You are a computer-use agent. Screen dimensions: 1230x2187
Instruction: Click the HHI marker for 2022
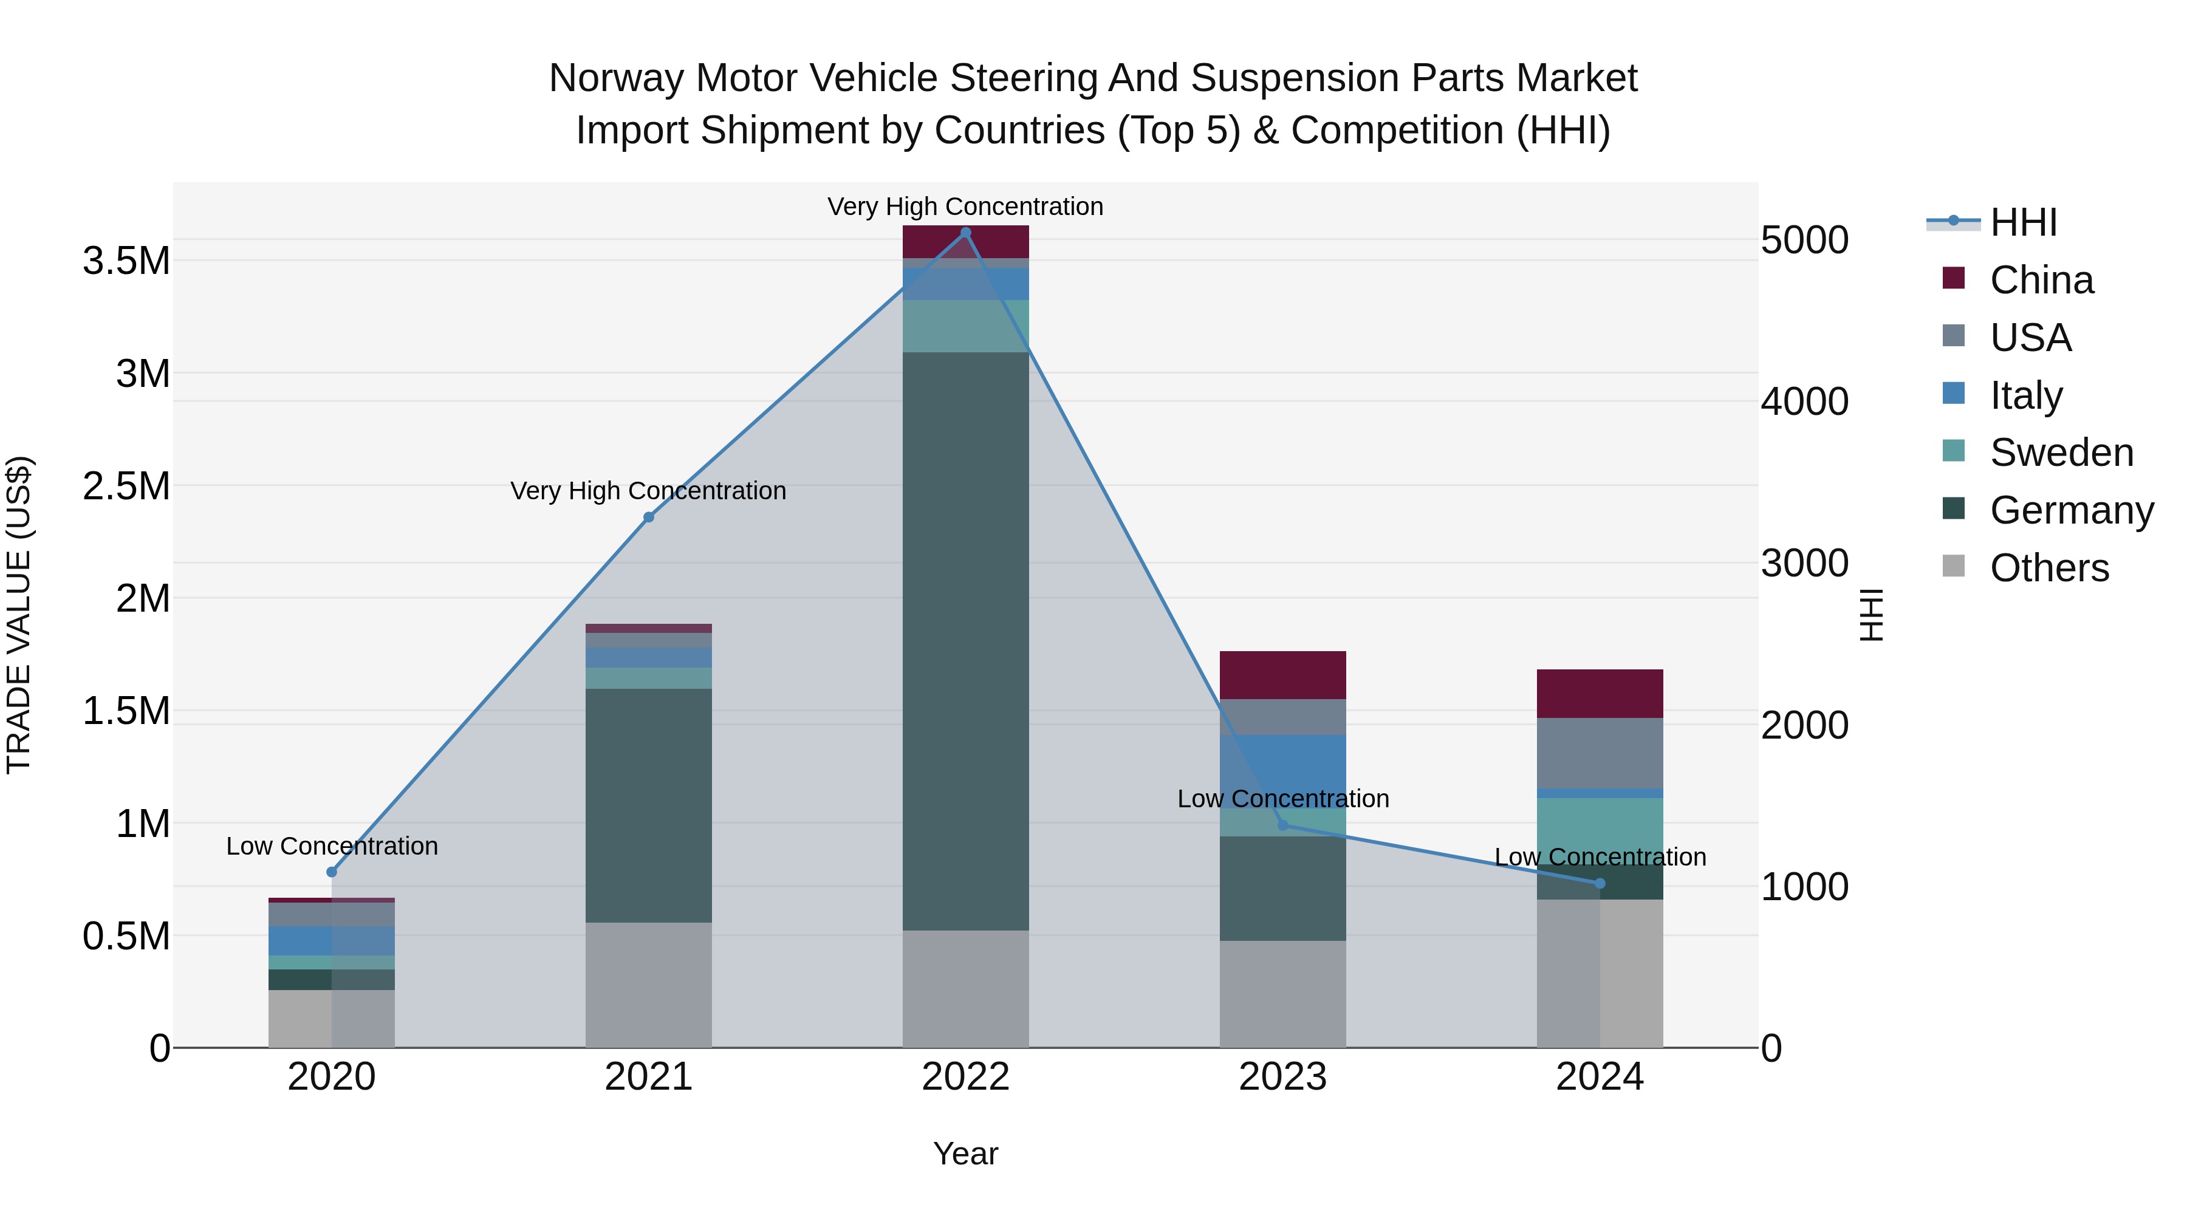coord(965,233)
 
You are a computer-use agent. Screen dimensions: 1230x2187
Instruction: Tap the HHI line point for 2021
coord(649,517)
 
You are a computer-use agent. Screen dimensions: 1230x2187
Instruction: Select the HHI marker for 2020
coord(332,872)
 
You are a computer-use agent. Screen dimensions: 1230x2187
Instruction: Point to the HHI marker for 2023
coord(1283,825)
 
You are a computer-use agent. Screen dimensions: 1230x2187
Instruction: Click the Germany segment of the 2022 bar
coord(965,641)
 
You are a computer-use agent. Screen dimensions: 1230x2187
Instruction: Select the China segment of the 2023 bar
coord(1283,675)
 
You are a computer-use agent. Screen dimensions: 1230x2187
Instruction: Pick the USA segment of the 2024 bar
coord(1600,753)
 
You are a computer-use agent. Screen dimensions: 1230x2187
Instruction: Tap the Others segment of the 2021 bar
coord(649,985)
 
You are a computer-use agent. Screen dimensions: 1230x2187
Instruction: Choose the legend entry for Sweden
coord(2061,453)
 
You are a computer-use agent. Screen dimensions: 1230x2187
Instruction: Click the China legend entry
coord(2041,280)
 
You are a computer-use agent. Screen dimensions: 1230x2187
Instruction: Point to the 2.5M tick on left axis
coord(126,487)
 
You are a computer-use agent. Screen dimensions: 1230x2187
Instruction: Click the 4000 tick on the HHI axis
coord(1804,401)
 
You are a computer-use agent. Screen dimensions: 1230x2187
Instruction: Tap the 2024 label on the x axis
coord(1600,1077)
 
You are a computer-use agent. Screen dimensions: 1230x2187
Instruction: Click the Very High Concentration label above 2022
coord(965,207)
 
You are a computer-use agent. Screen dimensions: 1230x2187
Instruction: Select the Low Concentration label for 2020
coord(332,846)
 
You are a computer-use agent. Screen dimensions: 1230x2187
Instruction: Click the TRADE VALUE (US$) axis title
coord(19,615)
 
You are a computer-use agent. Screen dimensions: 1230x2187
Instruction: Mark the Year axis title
coord(965,1153)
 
